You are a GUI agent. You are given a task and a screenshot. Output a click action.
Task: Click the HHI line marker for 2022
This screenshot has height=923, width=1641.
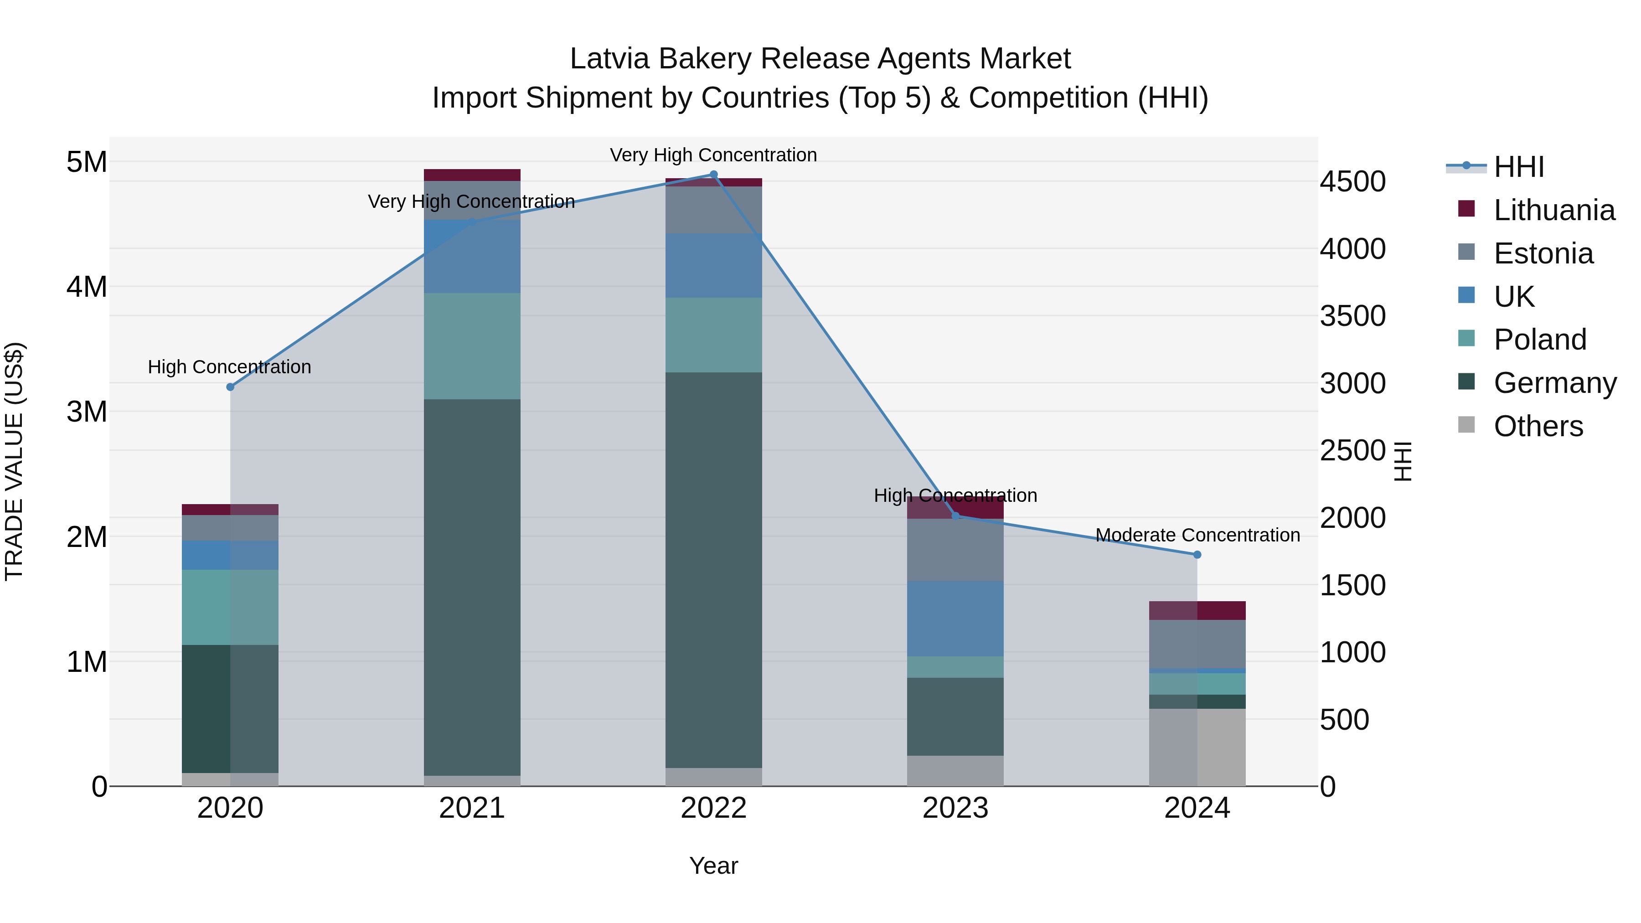coord(713,175)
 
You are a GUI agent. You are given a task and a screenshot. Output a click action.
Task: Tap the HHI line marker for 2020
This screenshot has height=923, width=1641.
coord(231,387)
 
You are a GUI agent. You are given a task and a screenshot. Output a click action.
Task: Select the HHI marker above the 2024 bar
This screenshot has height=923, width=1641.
coord(1197,555)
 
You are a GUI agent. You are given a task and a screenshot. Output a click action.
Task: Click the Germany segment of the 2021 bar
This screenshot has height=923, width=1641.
coord(472,586)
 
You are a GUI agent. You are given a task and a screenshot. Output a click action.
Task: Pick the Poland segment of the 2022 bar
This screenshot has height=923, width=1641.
coord(713,335)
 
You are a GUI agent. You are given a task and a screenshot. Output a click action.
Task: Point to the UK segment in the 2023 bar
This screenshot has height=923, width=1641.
coord(955,618)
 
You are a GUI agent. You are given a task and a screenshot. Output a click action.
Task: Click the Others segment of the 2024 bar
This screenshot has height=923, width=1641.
coord(1197,747)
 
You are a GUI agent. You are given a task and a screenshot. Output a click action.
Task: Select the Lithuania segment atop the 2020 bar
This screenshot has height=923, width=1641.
coord(231,510)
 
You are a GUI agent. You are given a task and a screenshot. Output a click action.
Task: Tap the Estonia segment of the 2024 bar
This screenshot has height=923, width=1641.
coord(1197,643)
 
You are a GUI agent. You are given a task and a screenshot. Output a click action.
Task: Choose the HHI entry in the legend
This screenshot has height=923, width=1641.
coord(1519,167)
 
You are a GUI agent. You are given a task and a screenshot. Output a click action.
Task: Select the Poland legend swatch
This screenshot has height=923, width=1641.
coord(1466,338)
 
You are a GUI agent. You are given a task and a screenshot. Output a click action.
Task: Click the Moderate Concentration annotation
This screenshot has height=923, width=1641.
coord(1197,535)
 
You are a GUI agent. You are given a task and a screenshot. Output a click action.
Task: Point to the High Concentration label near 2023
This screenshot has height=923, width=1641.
coord(955,495)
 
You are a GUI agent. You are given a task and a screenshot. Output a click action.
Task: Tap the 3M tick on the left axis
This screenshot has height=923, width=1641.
coord(87,412)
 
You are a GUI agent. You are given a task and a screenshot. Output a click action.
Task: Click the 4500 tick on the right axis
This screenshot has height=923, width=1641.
coord(1352,181)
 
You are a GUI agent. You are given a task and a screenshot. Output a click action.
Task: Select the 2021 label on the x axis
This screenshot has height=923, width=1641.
coord(472,808)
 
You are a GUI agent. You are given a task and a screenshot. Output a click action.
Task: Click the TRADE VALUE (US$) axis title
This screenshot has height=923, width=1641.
coord(14,461)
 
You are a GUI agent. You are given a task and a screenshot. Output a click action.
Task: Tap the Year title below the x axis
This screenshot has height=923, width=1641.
coord(713,866)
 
